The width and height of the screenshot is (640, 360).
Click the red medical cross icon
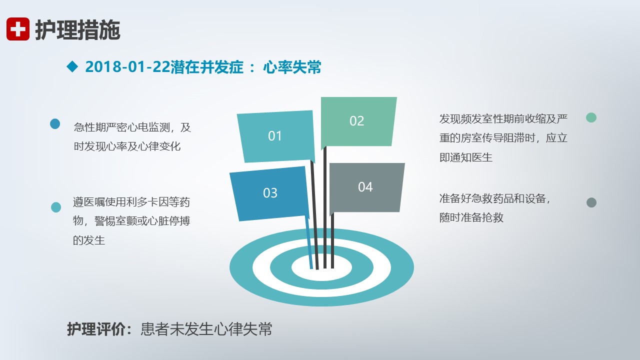coord(17,29)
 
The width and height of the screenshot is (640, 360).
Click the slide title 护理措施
coord(77,30)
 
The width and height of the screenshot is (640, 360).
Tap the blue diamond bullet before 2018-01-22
coord(72,66)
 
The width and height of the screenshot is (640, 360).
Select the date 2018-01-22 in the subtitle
coord(127,67)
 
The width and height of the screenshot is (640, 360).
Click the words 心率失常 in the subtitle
coord(292,67)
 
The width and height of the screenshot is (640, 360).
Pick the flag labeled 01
coord(275,136)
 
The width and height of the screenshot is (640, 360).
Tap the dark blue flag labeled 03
coord(269,193)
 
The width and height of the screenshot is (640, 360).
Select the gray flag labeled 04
coord(367,187)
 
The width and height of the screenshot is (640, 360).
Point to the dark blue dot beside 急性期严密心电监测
coord(55,124)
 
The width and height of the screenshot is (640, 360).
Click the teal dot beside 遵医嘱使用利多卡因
coord(56,207)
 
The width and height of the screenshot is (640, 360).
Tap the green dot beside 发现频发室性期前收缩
coord(591,117)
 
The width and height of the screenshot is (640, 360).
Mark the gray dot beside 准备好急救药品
coord(591,202)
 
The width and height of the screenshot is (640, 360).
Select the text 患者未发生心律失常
coord(206,329)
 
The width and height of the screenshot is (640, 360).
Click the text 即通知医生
coord(466,157)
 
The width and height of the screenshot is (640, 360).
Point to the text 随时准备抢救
coord(471,217)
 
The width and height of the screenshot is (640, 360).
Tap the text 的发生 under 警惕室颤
coord(89,240)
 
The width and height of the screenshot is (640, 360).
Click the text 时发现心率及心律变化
coord(127,146)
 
